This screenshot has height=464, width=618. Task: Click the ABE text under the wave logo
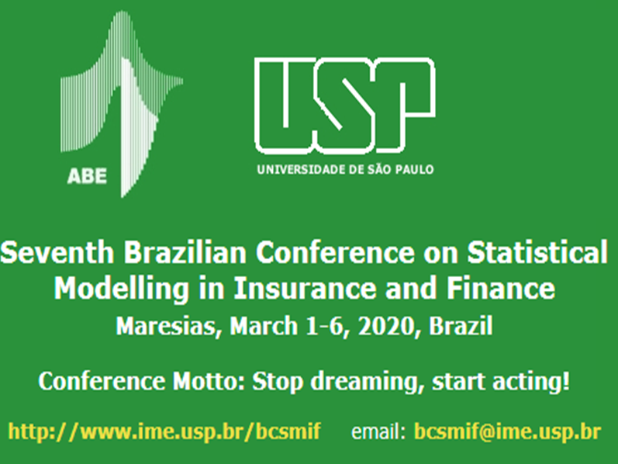(x=87, y=176)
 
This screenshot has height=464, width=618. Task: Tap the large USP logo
(x=345, y=106)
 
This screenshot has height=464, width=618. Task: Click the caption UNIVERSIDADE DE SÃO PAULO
(x=345, y=170)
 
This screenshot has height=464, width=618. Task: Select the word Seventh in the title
(x=57, y=252)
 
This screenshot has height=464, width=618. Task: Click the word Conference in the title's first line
(x=335, y=252)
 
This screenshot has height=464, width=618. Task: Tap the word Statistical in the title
(x=537, y=252)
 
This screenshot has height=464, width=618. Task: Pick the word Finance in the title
(x=501, y=288)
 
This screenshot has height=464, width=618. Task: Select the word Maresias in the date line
(x=166, y=327)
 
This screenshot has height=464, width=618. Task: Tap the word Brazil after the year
(x=461, y=326)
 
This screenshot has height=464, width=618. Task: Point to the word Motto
(x=209, y=382)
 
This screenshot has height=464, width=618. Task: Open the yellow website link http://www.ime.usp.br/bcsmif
(x=164, y=431)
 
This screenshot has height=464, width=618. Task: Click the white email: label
(x=378, y=431)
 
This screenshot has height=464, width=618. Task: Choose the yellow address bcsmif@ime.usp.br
(x=508, y=431)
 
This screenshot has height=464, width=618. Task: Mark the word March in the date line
(x=264, y=326)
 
